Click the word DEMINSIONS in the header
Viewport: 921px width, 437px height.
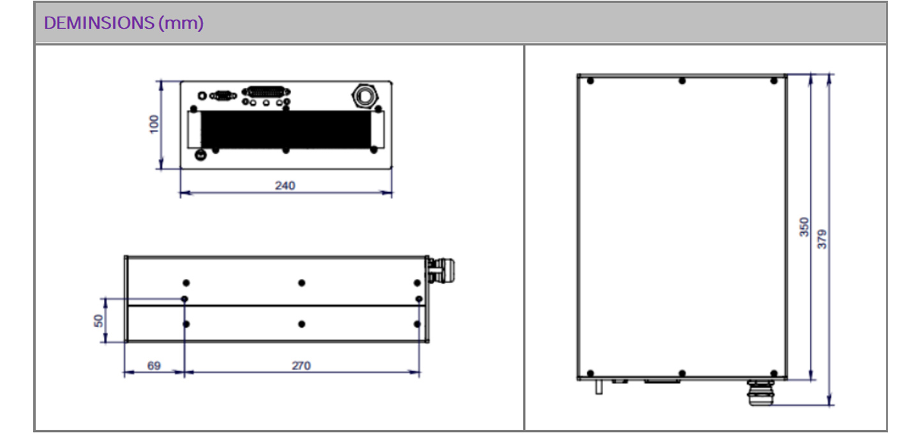coord(99,23)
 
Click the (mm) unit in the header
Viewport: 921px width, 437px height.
coord(181,24)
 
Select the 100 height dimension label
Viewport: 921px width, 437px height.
coord(154,124)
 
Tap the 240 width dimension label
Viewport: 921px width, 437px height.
coord(285,186)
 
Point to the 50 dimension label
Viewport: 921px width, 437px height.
coord(98,321)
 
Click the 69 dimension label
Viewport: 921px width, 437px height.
coord(154,366)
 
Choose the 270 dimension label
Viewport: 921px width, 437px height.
coord(301,366)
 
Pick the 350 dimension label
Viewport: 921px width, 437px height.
coord(804,227)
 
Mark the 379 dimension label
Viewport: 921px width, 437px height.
coord(821,239)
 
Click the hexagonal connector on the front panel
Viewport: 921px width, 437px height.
coord(364,96)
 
